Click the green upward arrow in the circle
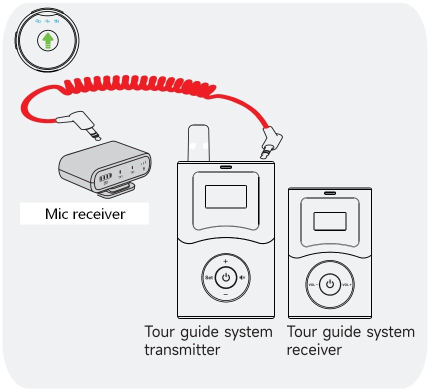47,41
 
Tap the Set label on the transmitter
208,277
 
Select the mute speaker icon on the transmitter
242,277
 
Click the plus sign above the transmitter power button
225,261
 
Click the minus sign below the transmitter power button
225,295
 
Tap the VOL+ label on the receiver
347,284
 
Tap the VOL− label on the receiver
313,284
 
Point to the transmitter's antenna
198,143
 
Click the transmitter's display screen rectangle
225,196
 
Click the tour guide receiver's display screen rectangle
329,221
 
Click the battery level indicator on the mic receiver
105,178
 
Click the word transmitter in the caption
182,349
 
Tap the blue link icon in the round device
38,21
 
